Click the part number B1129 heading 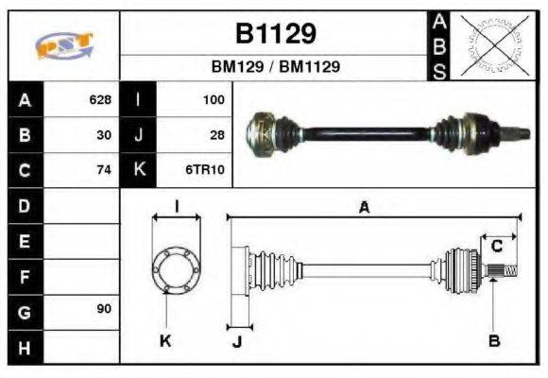point(275,34)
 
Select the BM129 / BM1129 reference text point(275,67)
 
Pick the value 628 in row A point(100,99)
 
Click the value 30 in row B point(105,135)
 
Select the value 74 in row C point(105,171)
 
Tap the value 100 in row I point(214,99)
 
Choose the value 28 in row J point(217,135)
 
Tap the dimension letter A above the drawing point(363,207)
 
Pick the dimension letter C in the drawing point(496,248)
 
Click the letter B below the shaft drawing point(493,339)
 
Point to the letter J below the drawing point(237,341)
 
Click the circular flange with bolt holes point(176,269)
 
